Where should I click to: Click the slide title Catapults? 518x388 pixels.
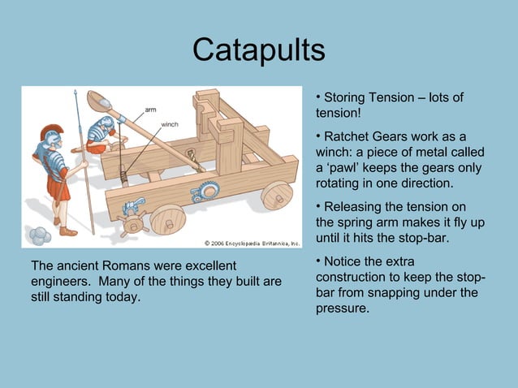coord(258,50)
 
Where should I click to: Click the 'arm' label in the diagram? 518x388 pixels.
coord(150,109)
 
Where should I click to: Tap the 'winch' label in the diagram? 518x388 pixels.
coord(170,124)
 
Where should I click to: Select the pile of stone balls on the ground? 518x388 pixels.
coord(39,236)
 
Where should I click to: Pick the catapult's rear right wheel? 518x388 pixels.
coord(277,195)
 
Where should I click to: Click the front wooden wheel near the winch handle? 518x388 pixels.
coord(168,218)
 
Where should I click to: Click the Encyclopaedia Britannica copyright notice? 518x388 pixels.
coord(252,242)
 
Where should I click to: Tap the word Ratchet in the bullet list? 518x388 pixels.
coord(347,136)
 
